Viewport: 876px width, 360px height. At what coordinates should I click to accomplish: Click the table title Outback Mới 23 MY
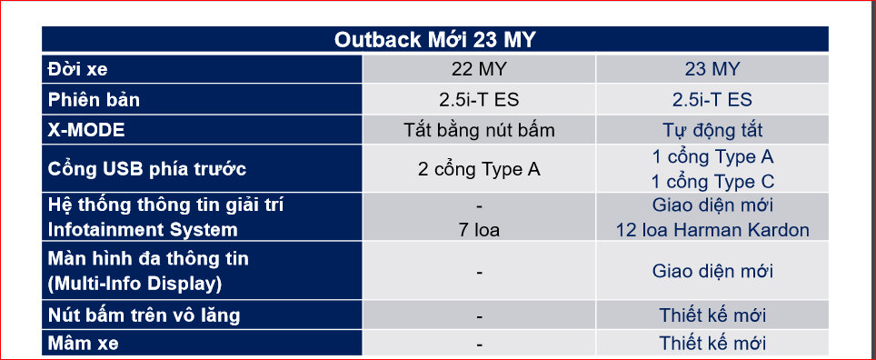point(434,40)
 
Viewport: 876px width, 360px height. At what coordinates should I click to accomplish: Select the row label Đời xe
point(77,69)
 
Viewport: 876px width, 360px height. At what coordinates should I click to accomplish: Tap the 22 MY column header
point(479,69)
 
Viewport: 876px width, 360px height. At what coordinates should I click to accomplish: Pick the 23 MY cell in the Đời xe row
point(712,69)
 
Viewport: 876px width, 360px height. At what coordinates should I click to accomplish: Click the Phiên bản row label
point(94,99)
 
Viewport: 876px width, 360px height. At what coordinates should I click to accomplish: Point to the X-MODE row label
point(86,130)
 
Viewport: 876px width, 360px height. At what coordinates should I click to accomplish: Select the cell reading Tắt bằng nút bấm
point(479,130)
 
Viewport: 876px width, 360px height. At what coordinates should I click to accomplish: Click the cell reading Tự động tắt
point(712,130)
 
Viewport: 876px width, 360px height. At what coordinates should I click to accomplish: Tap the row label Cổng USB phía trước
point(147,169)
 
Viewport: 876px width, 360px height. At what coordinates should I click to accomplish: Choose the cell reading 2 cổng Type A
point(479,169)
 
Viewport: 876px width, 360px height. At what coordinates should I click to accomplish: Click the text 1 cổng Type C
point(712,182)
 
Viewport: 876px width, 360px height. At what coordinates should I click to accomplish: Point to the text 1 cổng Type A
point(712,157)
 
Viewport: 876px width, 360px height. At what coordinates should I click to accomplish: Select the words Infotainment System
point(143,230)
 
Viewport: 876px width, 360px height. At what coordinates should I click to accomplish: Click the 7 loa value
point(479,230)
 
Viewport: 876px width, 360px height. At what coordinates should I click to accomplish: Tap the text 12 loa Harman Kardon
point(712,230)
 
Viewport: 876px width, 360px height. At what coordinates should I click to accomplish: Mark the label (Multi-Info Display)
point(134,284)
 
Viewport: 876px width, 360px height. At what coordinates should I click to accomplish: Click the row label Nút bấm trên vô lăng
point(144,315)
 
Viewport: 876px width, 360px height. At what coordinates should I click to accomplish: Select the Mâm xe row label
point(84,344)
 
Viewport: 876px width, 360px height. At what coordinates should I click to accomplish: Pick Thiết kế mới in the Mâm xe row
point(712,344)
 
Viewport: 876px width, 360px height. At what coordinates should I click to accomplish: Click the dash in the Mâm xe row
point(479,345)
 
